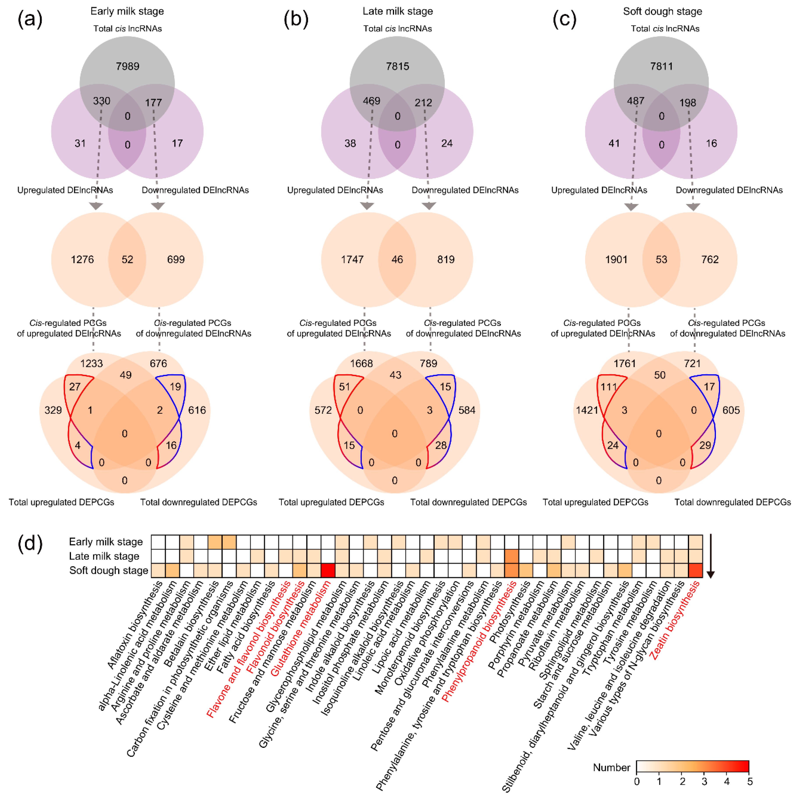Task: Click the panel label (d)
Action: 30,544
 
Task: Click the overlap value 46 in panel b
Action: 397,260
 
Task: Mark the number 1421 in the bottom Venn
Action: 587,410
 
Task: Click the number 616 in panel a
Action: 197,410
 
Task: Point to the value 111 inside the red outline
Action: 609,387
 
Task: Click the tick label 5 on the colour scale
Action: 749,782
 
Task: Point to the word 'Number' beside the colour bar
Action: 611,767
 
